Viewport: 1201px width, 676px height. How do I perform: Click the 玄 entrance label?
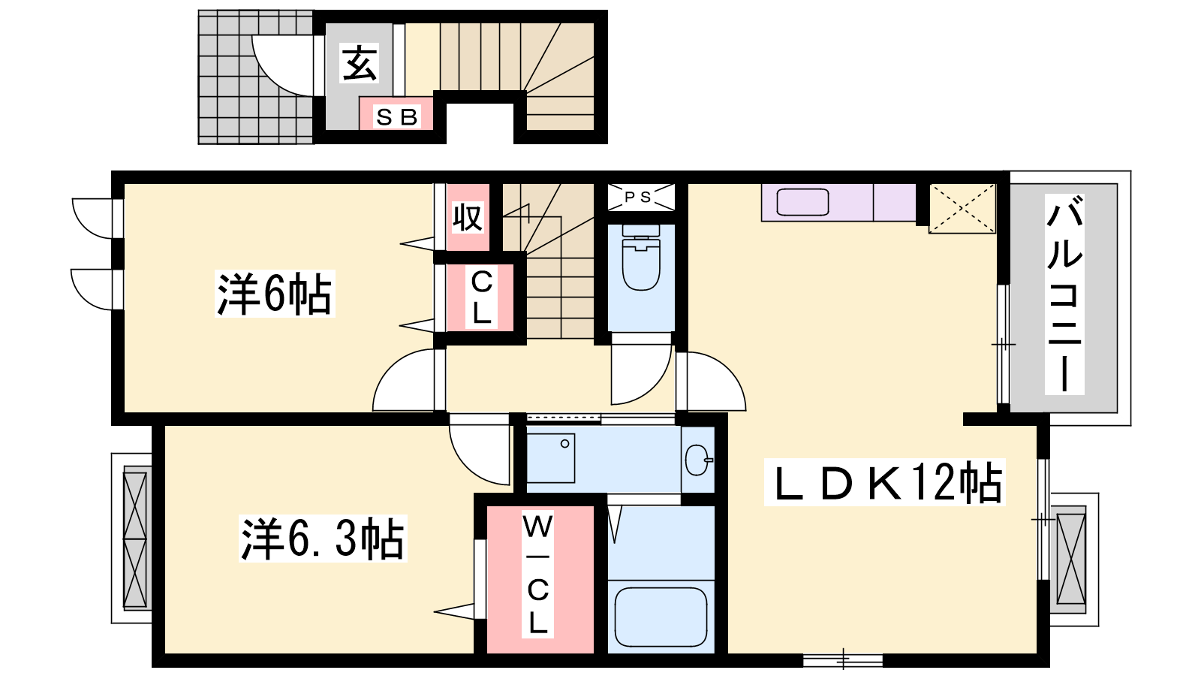[360, 63]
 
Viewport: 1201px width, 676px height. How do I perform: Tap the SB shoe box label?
[397, 117]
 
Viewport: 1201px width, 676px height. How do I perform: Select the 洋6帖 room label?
[275, 294]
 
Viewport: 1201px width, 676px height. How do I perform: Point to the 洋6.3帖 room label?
[323, 538]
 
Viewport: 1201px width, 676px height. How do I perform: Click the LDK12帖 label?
[885, 481]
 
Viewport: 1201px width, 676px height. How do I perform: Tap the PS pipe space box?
[640, 197]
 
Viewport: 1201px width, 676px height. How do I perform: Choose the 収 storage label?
[468, 217]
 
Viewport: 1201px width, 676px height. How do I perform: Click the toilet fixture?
[641, 257]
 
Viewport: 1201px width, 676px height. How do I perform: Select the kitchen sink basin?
[802, 202]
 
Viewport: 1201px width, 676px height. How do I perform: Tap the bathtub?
[661, 617]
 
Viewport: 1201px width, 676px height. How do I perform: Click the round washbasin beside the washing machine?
[698, 460]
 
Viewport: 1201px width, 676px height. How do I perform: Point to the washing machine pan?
[551, 457]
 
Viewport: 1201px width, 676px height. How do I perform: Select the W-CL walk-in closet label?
[537, 574]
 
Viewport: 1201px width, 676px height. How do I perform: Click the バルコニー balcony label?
[1064, 294]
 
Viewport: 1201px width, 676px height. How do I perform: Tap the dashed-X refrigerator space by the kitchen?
[962, 208]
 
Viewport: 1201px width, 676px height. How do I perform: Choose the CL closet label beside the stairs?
[481, 297]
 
